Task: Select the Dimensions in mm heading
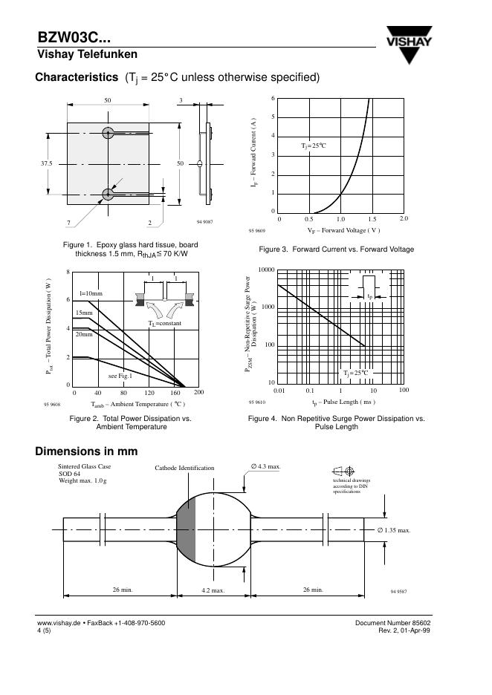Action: point(86,451)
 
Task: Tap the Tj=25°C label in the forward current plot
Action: point(314,146)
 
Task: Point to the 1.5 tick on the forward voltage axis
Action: point(372,219)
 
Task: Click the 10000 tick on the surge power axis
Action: point(266,270)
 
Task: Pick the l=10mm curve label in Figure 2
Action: point(90,294)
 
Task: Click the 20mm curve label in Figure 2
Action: point(83,336)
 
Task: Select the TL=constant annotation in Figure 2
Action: point(164,324)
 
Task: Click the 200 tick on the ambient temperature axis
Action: point(198,391)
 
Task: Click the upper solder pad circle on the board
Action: point(109,133)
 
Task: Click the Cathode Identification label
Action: point(184,468)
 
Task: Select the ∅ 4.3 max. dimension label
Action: point(265,466)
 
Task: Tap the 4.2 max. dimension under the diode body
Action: point(213,589)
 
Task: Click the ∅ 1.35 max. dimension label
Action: point(393,530)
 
